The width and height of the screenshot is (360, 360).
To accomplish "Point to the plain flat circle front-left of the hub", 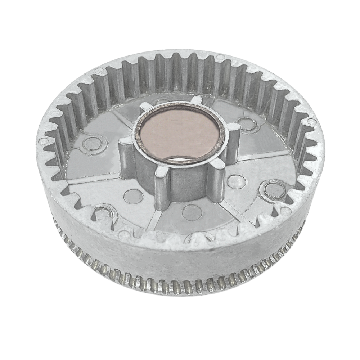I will click(x=133, y=196).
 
